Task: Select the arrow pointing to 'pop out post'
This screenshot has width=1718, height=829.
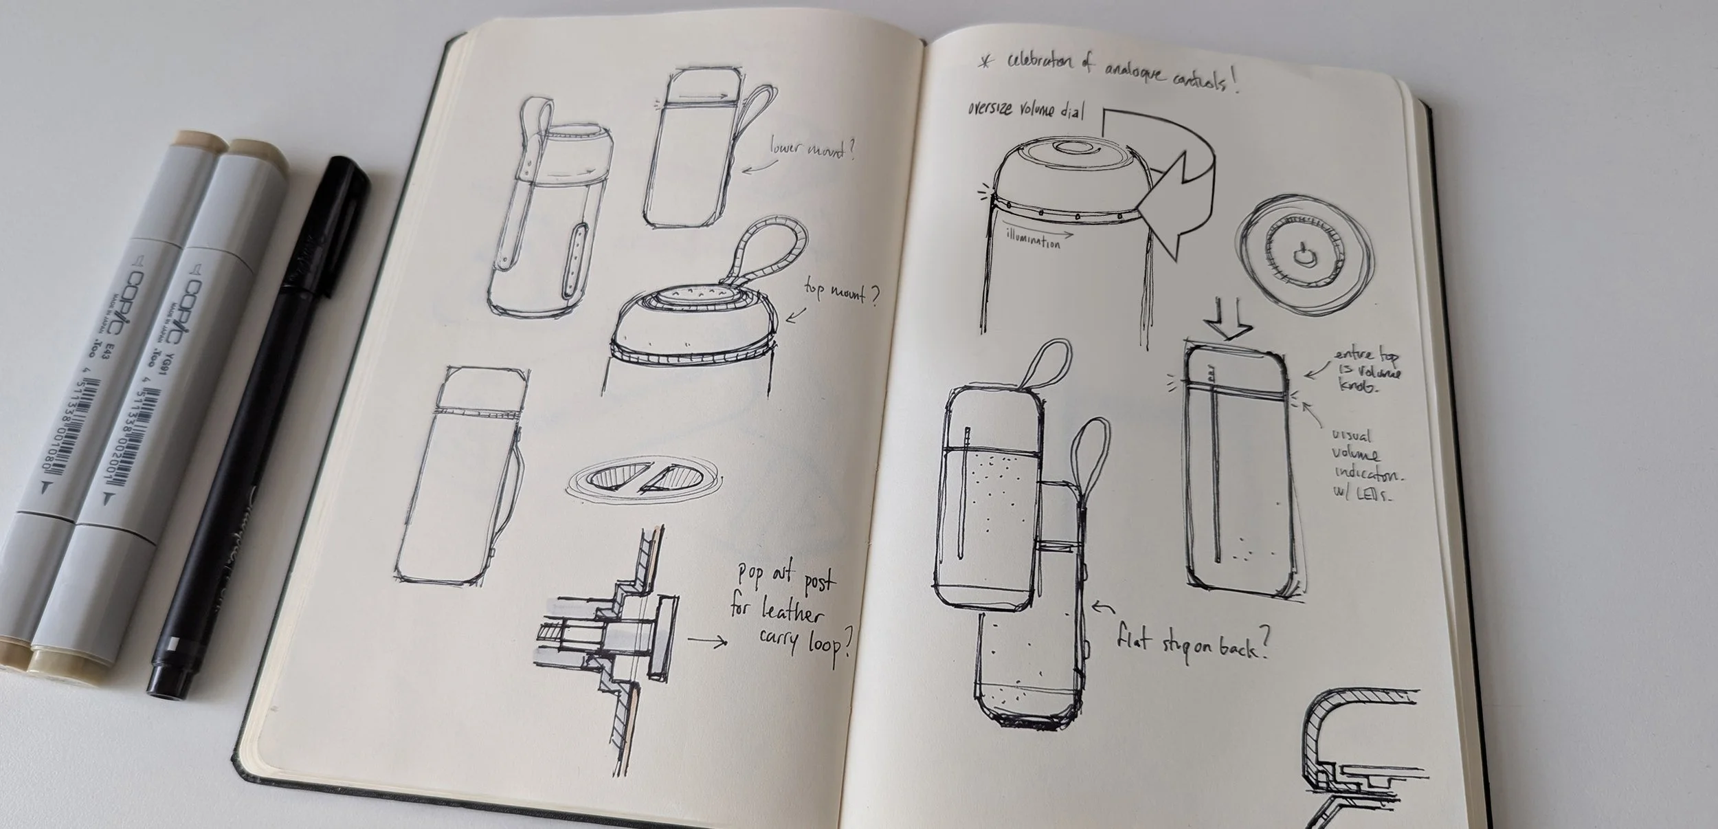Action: click(707, 642)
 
